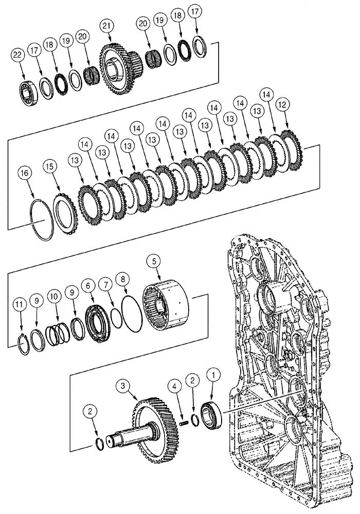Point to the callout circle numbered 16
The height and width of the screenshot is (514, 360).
coord(23,172)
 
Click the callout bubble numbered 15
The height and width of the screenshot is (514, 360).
coord(49,167)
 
